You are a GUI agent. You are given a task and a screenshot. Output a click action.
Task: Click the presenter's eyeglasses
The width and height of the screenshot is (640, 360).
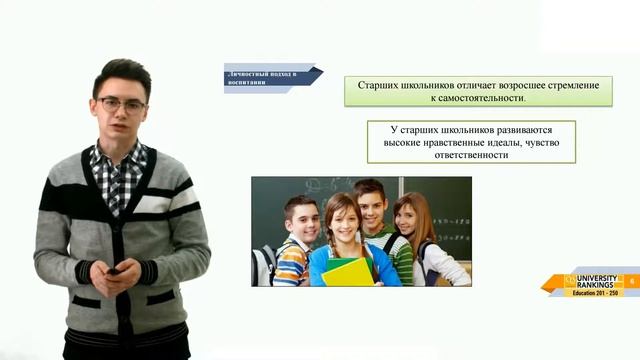[122, 104]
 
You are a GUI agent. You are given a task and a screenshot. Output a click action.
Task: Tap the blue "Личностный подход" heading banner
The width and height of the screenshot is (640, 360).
[270, 78]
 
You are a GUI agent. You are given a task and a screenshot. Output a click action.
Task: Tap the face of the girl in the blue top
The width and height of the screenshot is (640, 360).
[339, 221]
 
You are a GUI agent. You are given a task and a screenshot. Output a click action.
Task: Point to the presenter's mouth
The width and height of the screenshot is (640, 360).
[124, 127]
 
